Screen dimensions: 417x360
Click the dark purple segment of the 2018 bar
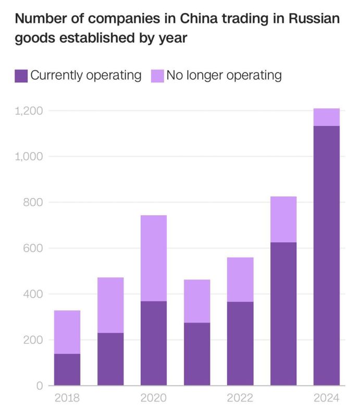pos(67,370)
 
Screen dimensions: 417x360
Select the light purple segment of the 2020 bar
pos(154,258)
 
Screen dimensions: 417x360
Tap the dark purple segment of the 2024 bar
pos(327,255)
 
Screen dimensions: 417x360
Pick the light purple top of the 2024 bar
pos(327,117)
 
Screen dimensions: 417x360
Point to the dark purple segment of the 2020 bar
pos(154,343)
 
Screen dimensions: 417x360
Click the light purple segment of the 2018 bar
pos(67,332)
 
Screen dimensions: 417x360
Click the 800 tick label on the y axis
pos(35,202)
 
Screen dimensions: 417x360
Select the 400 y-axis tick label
pos(35,294)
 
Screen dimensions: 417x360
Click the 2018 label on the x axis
pos(67,399)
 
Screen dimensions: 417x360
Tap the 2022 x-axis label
pos(240,399)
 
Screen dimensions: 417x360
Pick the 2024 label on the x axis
pos(327,399)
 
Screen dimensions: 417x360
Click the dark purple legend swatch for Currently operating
pos(21,76)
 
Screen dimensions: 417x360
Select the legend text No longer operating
pos(224,76)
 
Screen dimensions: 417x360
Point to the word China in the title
pos(198,20)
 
